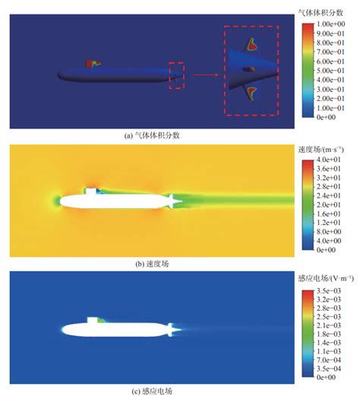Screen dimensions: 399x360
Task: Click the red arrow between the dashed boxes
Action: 203,75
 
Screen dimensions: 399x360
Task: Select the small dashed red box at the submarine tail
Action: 175,74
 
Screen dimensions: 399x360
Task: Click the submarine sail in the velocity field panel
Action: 92,190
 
